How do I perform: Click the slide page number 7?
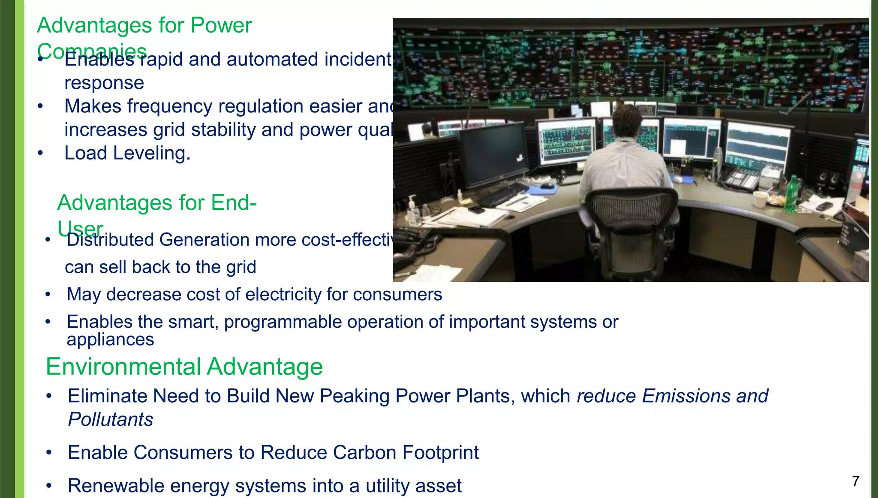click(x=855, y=481)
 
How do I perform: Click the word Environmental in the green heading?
click(x=123, y=367)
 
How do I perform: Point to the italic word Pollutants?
click(x=111, y=420)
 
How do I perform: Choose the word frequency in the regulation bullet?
click(x=169, y=106)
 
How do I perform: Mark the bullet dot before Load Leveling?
click(x=40, y=153)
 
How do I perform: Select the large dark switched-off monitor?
click(x=493, y=154)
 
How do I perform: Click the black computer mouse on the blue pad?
click(x=546, y=186)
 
